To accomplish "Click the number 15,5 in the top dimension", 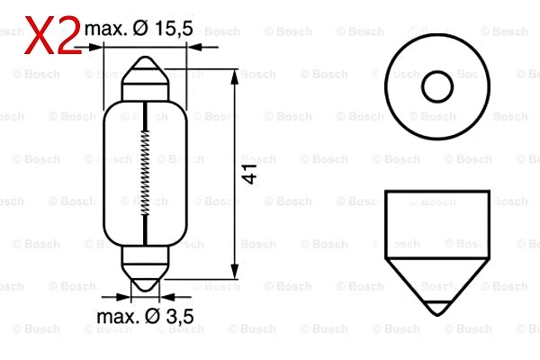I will [174, 30].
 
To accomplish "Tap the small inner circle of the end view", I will [436, 86].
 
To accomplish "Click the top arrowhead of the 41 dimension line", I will [235, 73].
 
